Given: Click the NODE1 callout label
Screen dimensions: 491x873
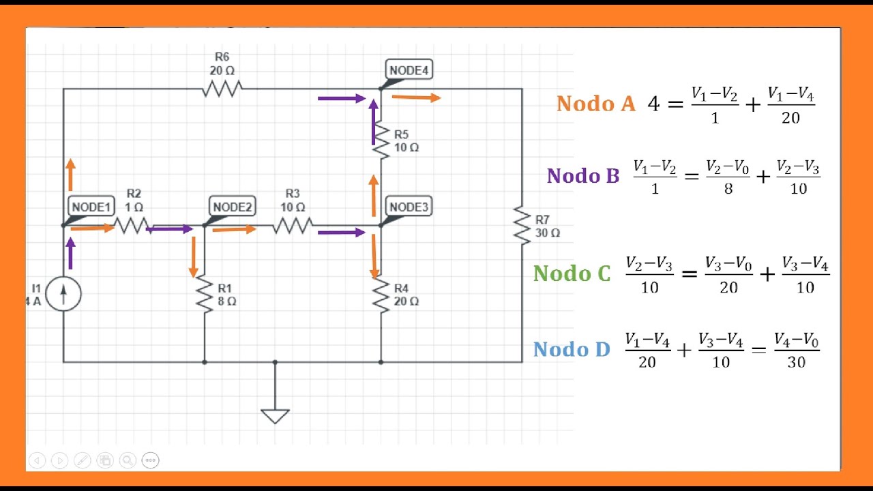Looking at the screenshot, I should pyautogui.click(x=91, y=207).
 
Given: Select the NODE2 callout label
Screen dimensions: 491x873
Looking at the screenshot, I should pyautogui.click(x=233, y=207).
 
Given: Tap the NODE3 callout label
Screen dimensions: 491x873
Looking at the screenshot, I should pyautogui.click(x=409, y=207).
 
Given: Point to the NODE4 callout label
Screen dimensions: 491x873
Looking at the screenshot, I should pyautogui.click(x=409, y=70).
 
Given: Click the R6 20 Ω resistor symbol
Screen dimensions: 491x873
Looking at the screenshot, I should pyautogui.click(x=222, y=89).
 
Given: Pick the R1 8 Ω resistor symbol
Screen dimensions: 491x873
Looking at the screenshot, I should pyautogui.click(x=205, y=295).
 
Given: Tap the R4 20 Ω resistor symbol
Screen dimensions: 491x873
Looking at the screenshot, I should pyautogui.click(x=381, y=295).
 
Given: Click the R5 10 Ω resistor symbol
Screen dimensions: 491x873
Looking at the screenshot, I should pyautogui.click(x=381, y=141).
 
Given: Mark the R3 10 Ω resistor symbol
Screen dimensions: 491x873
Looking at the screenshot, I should pyautogui.click(x=293, y=225).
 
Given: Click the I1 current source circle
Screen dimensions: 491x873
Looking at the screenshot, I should pyautogui.click(x=63, y=294).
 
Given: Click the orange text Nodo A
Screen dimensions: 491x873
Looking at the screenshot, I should pyautogui.click(x=595, y=104).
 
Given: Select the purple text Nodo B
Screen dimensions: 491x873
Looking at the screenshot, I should pyautogui.click(x=583, y=176).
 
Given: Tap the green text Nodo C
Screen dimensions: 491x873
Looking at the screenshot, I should pyautogui.click(x=572, y=273).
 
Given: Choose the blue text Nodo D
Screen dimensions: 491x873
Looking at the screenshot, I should pyautogui.click(x=572, y=350).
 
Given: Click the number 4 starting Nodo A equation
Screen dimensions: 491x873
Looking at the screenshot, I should pyautogui.click(x=653, y=104).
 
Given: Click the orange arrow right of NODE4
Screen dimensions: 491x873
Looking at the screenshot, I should pyautogui.click(x=416, y=98).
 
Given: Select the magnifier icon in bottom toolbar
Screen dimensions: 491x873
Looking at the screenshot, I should pyautogui.click(x=128, y=460).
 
